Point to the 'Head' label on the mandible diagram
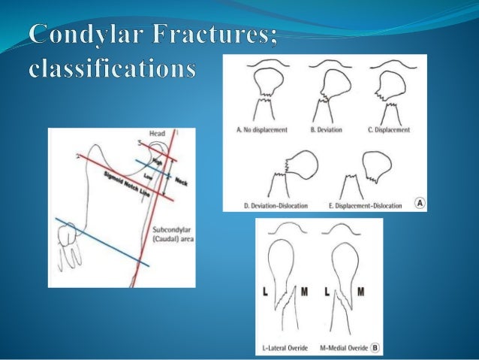pyautogui.click(x=156, y=134)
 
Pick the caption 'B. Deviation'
pyautogui.click(x=326, y=130)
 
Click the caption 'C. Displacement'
pyautogui.click(x=389, y=130)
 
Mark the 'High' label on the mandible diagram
pyautogui.click(x=158, y=162)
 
